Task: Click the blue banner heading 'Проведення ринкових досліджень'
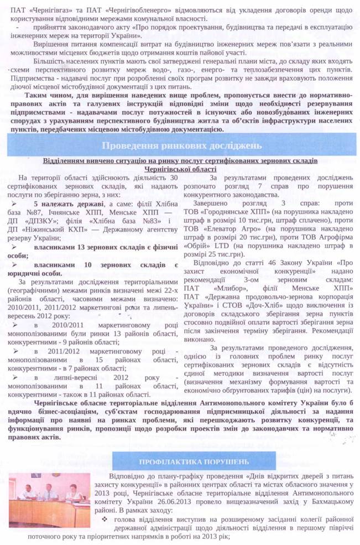click(180, 146)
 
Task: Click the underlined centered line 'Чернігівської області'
click(180, 169)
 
